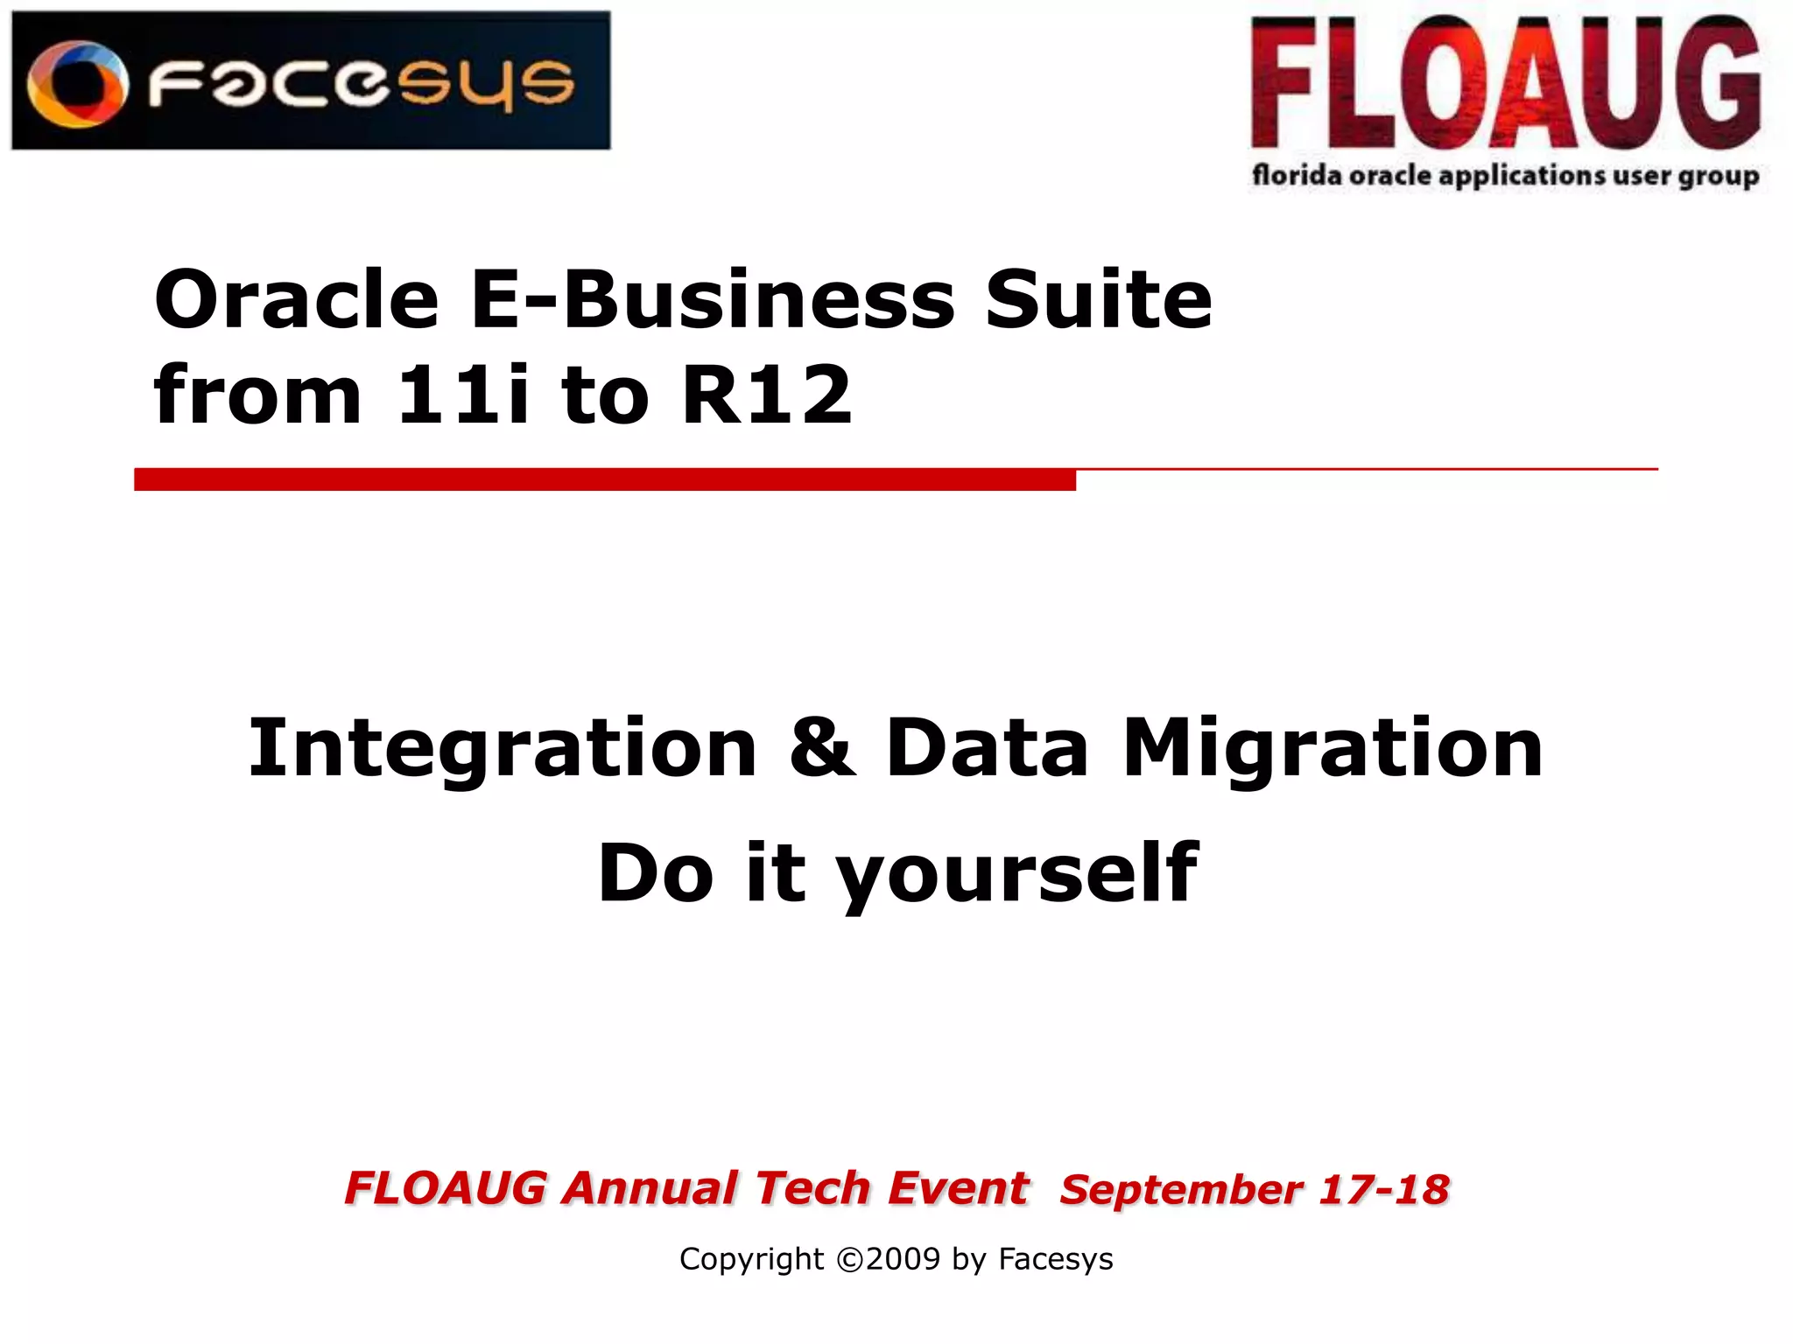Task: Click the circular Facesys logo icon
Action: [x=77, y=84]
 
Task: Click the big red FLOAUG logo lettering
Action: [x=1505, y=84]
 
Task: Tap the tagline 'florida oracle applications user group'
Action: [x=1505, y=176]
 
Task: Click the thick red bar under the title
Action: [x=604, y=479]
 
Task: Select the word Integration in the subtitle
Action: [x=503, y=749]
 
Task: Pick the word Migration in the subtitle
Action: [x=1332, y=749]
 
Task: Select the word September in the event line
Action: [x=1181, y=1189]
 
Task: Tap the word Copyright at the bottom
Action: [x=751, y=1259]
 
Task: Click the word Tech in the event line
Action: [x=812, y=1188]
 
